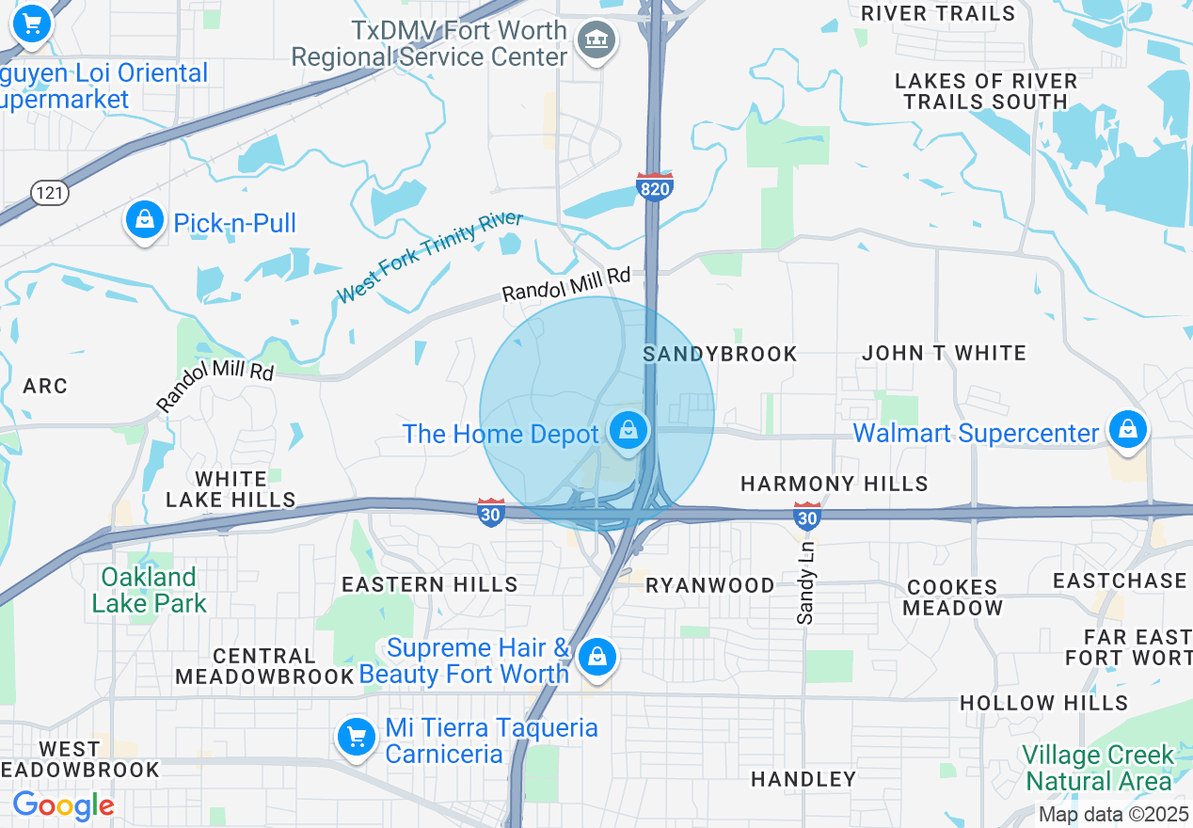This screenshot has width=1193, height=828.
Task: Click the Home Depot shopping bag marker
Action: pyautogui.click(x=628, y=431)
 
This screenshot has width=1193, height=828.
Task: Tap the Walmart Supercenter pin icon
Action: pyautogui.click(x=1127, y=430)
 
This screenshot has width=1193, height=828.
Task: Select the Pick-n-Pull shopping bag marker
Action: pyautogui.click(x=144, y=221)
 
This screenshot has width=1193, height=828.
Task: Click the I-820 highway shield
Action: pyautogui.click(x=655, y=186)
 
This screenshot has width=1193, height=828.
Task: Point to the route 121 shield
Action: pyautogui.click(x=48, y=193)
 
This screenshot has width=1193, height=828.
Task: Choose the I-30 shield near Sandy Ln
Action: pyautogui.click(x=806, y=516)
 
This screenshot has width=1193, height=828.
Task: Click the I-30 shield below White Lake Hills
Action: pyautogui.click(x=490, y=513)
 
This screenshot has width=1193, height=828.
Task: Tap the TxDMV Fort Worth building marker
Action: pyautogui.click(x=596, y=40)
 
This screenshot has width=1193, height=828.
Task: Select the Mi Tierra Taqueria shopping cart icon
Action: pyautogui.click(x=357, y=737)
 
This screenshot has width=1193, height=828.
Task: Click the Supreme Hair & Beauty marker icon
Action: pyautogui.click(x=596, y=657)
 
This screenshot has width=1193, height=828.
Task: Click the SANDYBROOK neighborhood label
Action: pyautogui.click(x=720, y=354)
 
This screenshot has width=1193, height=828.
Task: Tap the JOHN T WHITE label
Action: pyautogui.click(x=944, y=353)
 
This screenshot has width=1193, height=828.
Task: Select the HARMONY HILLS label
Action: pyautogui.click(x=835, y=484)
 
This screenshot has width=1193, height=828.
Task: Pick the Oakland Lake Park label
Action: pyautogui.click(x=149, y=590)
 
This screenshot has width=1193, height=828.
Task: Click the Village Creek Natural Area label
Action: pyautogui.click(x=1098, y=768)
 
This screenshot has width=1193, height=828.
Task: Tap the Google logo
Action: pyautogui.click(x=63, y=805)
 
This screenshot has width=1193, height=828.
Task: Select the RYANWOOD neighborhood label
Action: pyautogui.click(x=709, y=585)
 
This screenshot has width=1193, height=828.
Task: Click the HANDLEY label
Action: pyautogui.click(x=803, y=779)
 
